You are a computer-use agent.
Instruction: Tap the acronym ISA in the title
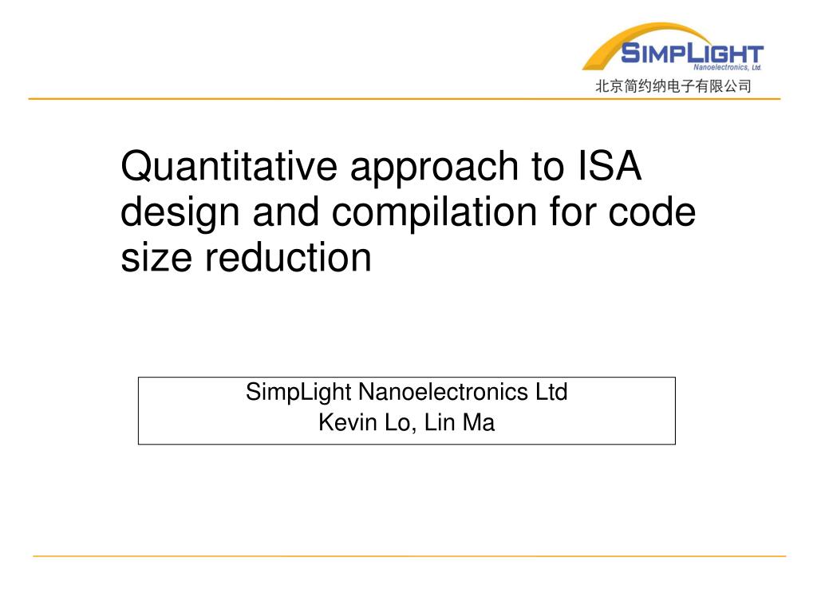[609, 166]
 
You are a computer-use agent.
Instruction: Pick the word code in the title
[652, 212]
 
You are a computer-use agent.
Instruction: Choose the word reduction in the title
[288, 257]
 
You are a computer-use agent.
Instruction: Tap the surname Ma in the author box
[479, 422]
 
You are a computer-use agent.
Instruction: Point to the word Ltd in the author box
[552, 392]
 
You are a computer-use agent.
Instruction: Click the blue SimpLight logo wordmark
[692, 53]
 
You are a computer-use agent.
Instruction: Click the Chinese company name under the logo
[673, 86]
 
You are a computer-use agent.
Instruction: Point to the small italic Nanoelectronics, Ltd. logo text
[728, 67]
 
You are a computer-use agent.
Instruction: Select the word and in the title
[286, 211]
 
